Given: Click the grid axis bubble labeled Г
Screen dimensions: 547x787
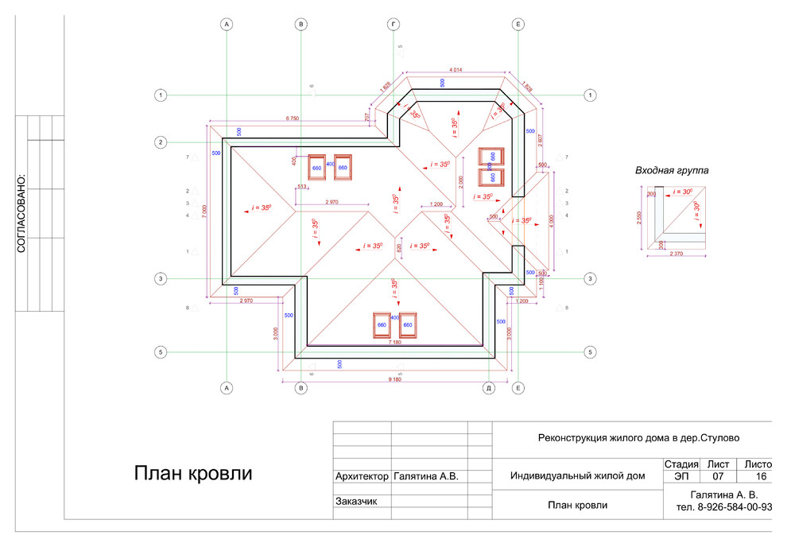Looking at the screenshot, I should [x=392, y=25].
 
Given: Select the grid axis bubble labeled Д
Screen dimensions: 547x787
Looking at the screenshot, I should [x=490, y=388].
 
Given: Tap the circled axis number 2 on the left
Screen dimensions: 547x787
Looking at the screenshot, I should [x=161, y=142].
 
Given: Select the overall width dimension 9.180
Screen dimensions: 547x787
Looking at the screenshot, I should [x=394, y=379].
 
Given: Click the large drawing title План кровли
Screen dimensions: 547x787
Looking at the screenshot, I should [x=192, y=475].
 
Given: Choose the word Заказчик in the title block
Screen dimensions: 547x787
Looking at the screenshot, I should [x=355, y=502].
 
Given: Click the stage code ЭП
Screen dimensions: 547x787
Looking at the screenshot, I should [x=681, y=476].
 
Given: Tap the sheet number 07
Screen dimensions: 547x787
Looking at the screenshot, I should [x=718, y=476].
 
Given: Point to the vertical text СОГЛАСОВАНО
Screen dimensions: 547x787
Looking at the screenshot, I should [x=21, y=214].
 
